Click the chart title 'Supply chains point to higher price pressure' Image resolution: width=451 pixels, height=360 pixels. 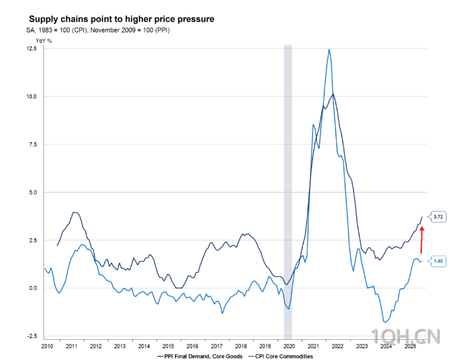[x=122, y=19]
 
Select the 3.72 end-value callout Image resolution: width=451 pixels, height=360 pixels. [x=438, y=216]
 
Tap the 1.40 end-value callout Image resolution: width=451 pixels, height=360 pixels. [x=438, y=261]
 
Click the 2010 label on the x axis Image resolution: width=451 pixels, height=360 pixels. [x=47, y=347]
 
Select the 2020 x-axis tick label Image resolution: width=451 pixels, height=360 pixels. [x=289, y=347]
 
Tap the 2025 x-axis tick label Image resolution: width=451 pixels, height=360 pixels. [x=409, y=347]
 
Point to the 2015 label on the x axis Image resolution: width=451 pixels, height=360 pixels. [x=168, y=347]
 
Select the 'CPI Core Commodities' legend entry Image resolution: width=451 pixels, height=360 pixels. [x=283, y=356]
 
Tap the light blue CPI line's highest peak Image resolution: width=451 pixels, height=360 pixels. [x=330, y=49]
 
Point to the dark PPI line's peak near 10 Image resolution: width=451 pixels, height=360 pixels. [x=334, y=94]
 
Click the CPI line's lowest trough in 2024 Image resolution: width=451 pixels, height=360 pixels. [x=385, y=322]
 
